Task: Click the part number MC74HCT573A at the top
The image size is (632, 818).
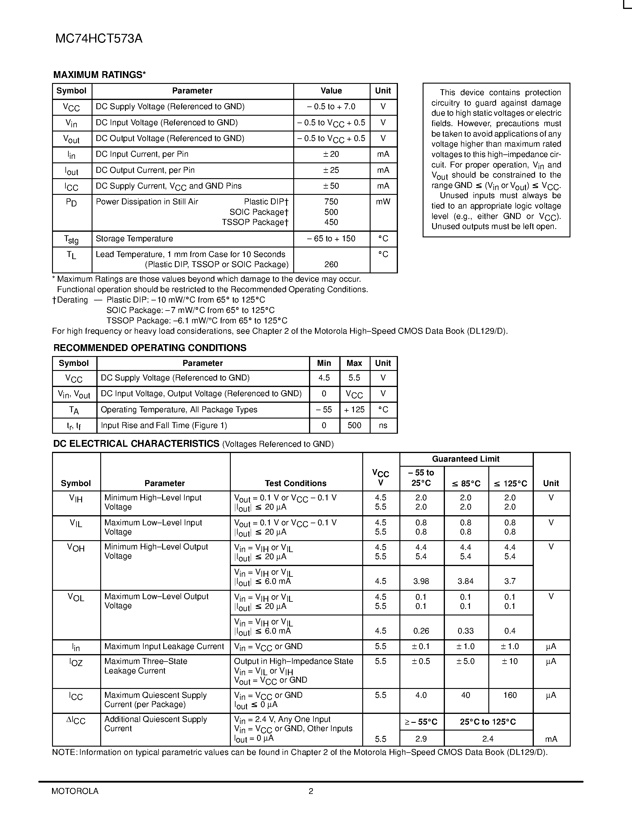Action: pos(99,39)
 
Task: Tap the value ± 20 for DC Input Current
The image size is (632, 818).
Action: pos(331,154)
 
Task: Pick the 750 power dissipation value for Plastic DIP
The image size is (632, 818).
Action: pos(331,202)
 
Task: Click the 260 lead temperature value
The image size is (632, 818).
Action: pos(331,264)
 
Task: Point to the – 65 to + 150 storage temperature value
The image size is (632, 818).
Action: pos(331,239)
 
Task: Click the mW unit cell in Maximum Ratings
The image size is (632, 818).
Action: pos(383,202)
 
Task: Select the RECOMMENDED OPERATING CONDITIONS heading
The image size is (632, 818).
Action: pos(150,348)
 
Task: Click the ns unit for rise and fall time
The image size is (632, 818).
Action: pos(383,425)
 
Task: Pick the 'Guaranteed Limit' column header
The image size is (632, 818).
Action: pos(466,459)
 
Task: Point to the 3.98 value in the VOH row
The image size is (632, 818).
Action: pos(421,581)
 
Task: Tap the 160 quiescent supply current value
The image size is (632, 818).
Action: pos(510,695)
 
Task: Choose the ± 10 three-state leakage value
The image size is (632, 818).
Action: pos(510,662)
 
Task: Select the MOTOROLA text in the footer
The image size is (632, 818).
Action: pos(75,791)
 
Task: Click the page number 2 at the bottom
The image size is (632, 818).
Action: pos(311,791)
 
